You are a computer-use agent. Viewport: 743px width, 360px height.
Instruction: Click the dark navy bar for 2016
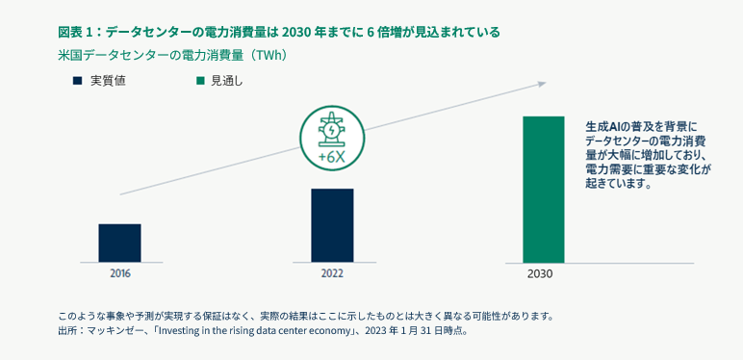[119, 243]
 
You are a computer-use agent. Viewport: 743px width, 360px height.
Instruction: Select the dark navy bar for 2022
[332, 225]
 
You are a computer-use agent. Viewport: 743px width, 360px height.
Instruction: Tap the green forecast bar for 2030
[543, 190]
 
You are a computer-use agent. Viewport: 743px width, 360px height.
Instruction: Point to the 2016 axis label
[119, 273]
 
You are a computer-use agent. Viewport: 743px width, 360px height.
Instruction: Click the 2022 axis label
[332, 273]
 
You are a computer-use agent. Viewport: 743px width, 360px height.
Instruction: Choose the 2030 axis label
[541, 274]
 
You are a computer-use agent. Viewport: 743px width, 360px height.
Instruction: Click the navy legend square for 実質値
[77, 81]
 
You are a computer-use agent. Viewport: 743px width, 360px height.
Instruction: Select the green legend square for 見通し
[200, 81]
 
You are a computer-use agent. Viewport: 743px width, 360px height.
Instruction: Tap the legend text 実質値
[108, 81]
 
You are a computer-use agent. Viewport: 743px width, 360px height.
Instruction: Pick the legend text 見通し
[227, 81]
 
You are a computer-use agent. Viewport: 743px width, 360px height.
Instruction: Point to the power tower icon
[332, 130]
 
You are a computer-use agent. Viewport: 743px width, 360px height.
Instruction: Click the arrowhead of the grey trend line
[542, 84]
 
